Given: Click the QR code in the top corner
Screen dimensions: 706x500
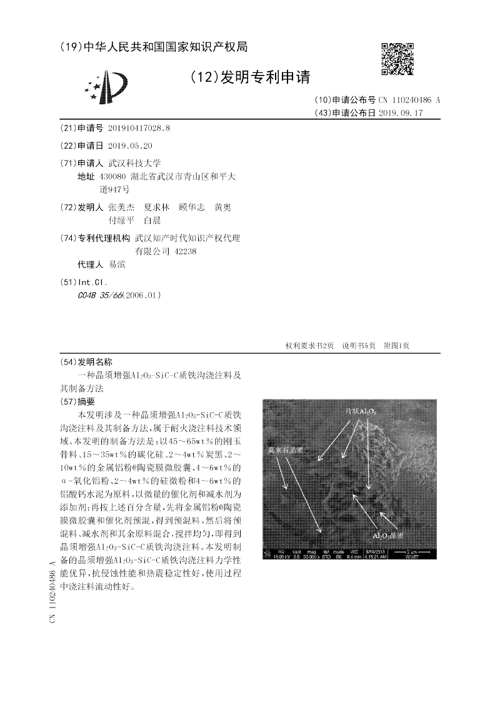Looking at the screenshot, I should [x=396, y=59].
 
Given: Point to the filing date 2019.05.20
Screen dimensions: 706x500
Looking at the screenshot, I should [x=130, y=145].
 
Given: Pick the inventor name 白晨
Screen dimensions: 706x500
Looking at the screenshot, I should [x=152, y=220].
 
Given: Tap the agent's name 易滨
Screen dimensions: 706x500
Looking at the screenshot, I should [x=117, y=265].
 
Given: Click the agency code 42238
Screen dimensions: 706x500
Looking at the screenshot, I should [x=186, y=251].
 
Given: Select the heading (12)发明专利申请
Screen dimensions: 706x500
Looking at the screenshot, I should [x=249, y=77].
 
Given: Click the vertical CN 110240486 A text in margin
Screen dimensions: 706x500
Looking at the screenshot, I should [x=52, y=591].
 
